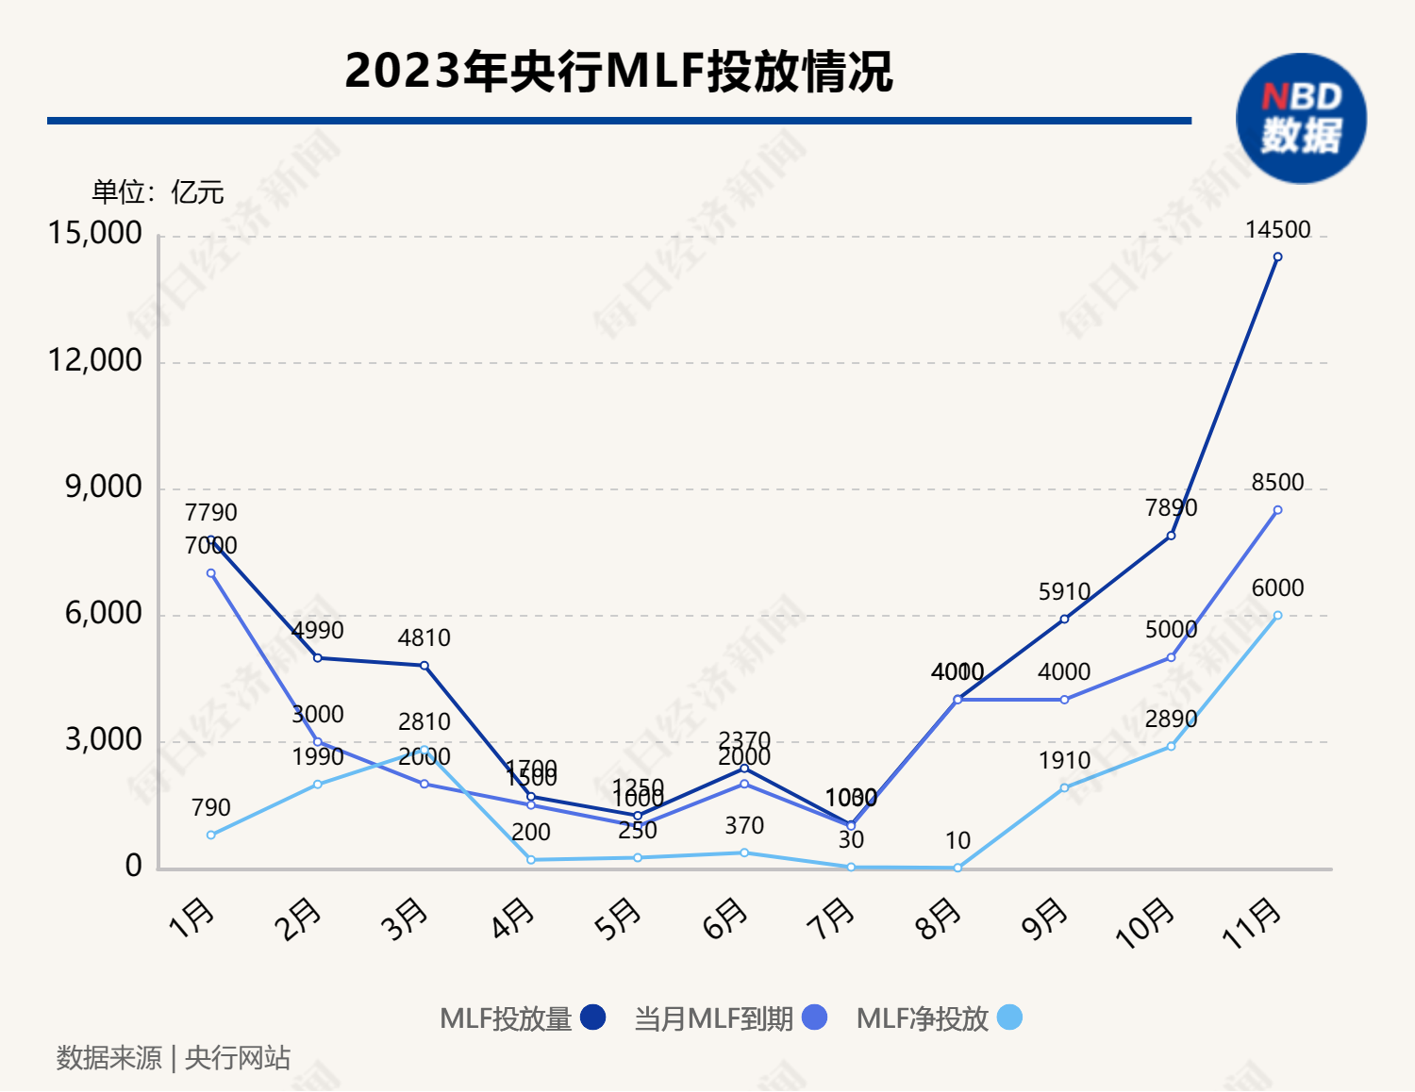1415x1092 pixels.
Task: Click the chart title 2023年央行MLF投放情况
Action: [618, 72]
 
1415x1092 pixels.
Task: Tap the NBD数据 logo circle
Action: [1301, 118]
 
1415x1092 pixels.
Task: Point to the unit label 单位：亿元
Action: [158, 192]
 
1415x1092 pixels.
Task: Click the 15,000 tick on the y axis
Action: [95, 233]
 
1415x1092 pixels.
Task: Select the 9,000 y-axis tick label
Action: [104, 487]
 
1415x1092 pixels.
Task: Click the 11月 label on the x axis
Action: [1253, 923]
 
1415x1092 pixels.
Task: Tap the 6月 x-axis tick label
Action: [724, 918]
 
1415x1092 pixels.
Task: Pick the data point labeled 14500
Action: [1277, 256]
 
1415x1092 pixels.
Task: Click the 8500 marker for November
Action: [1277, 510]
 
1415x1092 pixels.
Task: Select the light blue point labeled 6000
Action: [1277, 616]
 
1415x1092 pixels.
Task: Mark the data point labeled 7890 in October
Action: [1171, 536]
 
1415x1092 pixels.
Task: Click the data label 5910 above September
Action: [1064, 592]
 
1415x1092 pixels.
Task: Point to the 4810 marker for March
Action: [424, 666]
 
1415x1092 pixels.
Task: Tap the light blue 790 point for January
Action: [211, 835]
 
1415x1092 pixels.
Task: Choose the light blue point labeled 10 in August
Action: [957, 868]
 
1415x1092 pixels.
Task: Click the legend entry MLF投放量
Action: [522, 1018]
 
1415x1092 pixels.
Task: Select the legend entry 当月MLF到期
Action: [729, 1018]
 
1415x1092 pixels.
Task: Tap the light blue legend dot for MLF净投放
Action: [1009, 1018]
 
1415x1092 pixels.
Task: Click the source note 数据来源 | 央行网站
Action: [174, 1058]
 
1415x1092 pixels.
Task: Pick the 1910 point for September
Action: [1064, 787]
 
